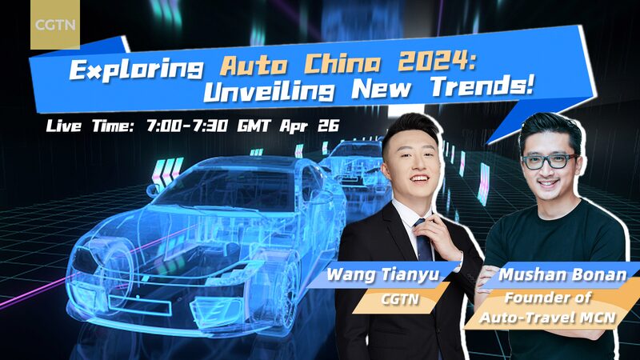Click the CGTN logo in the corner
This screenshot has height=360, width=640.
coord(54,23)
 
